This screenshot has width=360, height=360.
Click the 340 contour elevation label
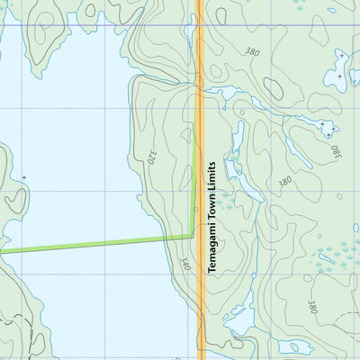184,264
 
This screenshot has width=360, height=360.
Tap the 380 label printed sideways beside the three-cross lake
335,146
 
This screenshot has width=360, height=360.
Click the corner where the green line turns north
191,236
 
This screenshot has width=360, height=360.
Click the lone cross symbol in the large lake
23,176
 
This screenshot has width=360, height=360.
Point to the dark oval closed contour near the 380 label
272,87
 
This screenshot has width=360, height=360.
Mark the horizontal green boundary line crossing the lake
90,245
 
